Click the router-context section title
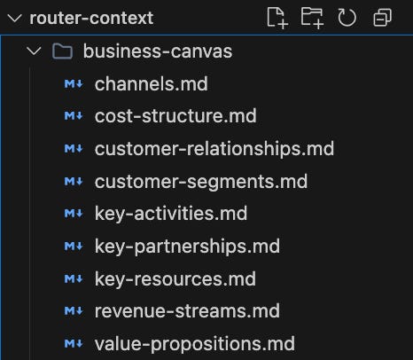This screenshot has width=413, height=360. click(x=91, y=18)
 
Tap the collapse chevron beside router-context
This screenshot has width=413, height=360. click(x=14, y=19)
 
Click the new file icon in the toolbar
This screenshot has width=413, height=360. click(x=277, y=18)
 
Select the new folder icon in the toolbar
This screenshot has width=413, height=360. click(x=312, y=18)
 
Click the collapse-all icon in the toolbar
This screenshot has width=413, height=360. click(x=383, y=18)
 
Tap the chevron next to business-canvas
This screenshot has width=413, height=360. click(x=34, y=51)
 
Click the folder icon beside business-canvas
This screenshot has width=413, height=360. click(x=62, y=51)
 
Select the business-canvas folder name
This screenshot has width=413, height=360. click(x=158, y=51)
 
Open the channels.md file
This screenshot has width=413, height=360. click(x=152, y=84)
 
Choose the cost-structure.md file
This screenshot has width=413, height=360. click(x=175, y=116)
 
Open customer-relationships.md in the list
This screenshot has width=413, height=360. click(x=214, y=148)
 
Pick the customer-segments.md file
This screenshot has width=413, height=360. click(x=201, y=181)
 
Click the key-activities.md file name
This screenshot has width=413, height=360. click(x=171, y=214)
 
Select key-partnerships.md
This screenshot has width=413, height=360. click(x=187, y=247)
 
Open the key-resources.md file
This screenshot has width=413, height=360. click(x=175, y=279)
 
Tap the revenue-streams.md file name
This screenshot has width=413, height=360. click(x=187, y=311)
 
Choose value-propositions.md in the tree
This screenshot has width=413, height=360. click(x=195, y=344)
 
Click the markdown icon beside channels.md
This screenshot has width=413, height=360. click(x=74, y=84)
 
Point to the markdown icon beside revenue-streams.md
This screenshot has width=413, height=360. click(x=74, y=311)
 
